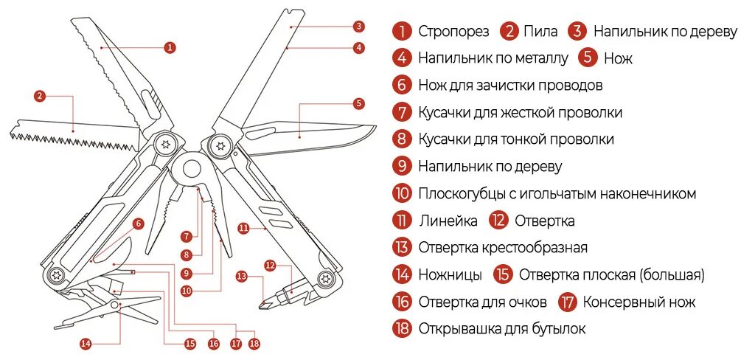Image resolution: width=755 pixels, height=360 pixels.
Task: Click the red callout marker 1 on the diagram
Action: click(x=170, y=47)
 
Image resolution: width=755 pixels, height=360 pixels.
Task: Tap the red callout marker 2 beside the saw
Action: click(x=40, y=95)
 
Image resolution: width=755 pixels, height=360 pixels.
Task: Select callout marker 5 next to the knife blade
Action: click(x=358, y=103)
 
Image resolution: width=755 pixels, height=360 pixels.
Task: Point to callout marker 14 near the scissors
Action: click(x=85, y=343)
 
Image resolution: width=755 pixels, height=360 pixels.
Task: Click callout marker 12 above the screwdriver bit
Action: click(x=270, y=265)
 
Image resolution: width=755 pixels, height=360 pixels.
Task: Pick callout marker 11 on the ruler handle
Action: click(x=243, y=229)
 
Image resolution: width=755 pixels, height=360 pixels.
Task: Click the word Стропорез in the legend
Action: click(x=453, y=32)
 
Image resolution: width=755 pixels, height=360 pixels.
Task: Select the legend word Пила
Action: click(x=540, y=32)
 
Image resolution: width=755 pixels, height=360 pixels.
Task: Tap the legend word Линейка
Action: click(x=448, y=221)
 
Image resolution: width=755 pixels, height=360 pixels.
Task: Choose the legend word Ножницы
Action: click(x=450, y=275)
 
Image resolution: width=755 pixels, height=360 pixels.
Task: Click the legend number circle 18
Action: click(x=402, y=329)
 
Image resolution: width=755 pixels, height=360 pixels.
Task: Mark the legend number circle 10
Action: click(x=402, y=194)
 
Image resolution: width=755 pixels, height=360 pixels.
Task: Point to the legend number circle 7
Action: click(x=402, y=113)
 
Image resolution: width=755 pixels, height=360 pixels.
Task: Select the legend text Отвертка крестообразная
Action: click(x=503, y=248)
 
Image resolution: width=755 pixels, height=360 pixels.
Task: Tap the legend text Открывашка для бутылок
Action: click(x=502, y=329)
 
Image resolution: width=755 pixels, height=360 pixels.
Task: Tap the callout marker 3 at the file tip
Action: click(x=359, y=27)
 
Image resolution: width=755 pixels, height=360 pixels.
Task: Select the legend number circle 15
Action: click(x=504, y=275)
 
